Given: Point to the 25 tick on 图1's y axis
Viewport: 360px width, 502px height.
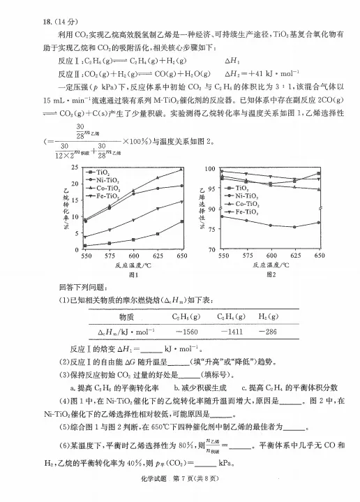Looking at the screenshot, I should (x=75, y=168).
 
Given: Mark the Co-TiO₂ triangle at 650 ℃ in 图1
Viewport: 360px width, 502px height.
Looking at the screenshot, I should (x=181, y=169).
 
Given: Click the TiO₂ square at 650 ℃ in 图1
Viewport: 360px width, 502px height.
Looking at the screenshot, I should (x=181, y=221).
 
